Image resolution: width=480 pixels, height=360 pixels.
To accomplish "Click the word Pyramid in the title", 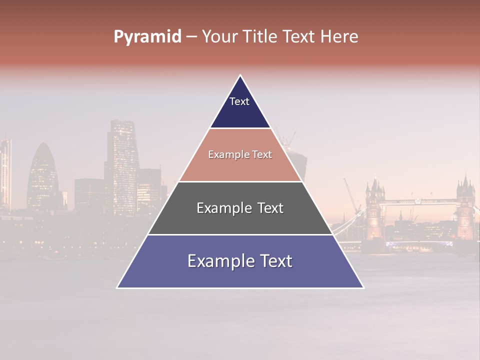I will click(147, 36).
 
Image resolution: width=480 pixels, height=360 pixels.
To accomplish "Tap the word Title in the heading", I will click(260, 36).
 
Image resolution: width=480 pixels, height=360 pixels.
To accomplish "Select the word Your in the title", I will click(219, 36).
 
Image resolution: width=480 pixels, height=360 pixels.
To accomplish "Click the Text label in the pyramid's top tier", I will click(239, 101).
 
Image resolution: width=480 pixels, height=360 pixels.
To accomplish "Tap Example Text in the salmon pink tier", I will click(240, 155).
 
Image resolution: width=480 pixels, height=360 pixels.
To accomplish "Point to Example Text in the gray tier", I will click(240, 208).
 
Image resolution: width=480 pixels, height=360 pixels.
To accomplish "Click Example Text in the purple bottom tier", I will click(240, 261).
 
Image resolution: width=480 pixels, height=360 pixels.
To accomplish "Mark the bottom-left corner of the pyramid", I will click(117, 287).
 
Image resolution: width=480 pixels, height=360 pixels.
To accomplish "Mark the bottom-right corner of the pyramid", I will click(363, 287).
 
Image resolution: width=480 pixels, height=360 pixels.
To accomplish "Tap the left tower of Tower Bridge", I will click(374, 210).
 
